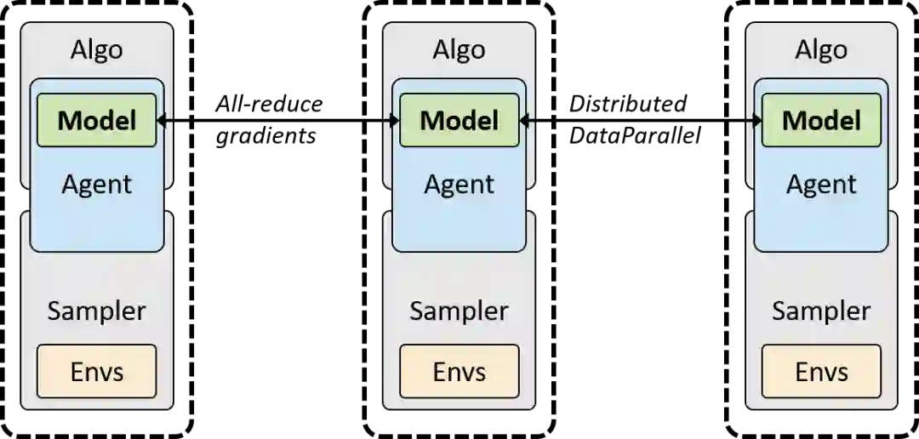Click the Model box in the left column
click(96, 120)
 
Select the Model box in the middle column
click(459, 120)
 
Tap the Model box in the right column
click(821, 120)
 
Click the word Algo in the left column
click(96, 49)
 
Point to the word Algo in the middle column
click(459, 49)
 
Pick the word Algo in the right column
click(821, 49)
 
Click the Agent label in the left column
click(96, 184)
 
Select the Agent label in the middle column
click(459, 184)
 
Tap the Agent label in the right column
click(821, 184)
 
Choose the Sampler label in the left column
click(96, 311)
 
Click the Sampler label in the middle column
click(459, 311)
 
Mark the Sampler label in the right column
click(821, 311)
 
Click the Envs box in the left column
click(96, 371)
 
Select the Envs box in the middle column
click(459, 371)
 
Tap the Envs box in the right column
click(821, 371)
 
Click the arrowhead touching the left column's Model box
click(162, 121)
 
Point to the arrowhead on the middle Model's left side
click(395, 121)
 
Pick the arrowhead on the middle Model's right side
click(524, 121)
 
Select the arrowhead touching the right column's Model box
click(756, 121)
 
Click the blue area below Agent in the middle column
click(459, 225)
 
